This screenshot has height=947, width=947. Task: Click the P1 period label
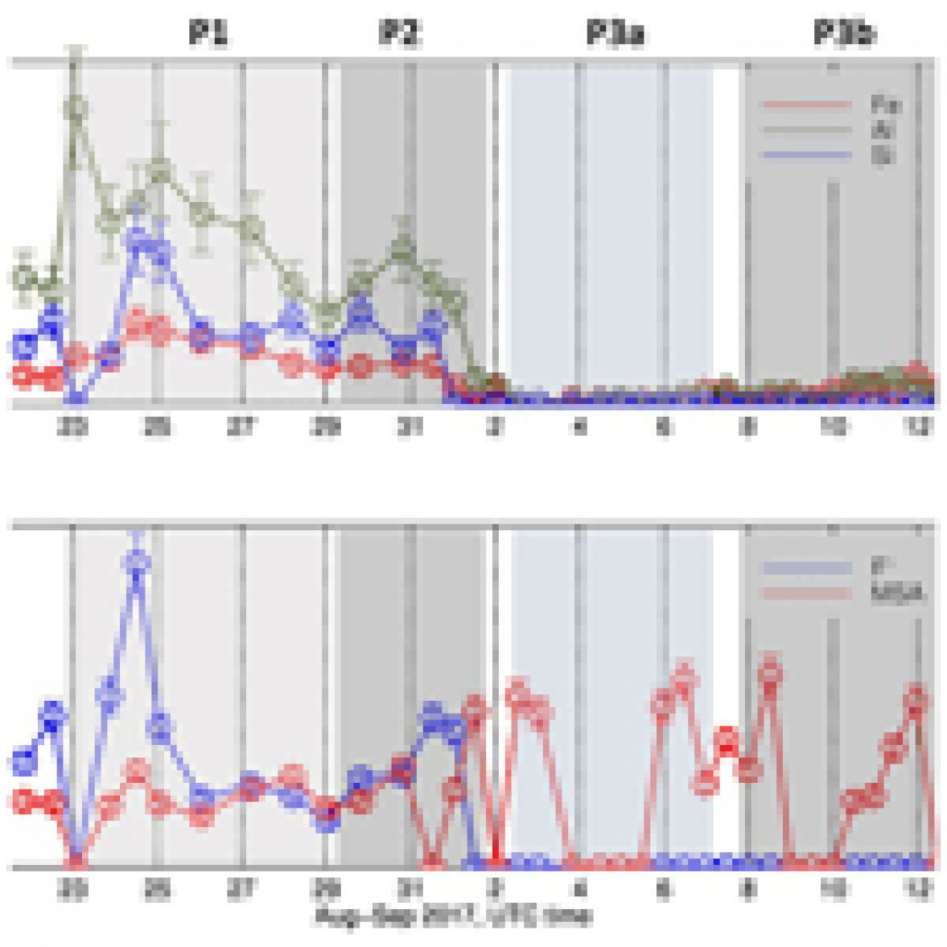(x=208, y=33)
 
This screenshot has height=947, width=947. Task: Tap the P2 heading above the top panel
(x=400, y=33)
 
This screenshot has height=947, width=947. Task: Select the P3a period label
(x=616, y=33)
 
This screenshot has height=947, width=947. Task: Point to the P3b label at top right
(x=844, y=33)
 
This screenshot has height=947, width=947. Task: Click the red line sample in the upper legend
(x=805, y=105)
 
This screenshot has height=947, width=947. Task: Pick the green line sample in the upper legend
(x=805, y=130)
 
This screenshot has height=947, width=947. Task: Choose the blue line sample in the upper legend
(x=805, y=154)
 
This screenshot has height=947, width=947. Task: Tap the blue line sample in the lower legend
(x=805, y=568)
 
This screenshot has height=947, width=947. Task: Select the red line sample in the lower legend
(x=805, y=594)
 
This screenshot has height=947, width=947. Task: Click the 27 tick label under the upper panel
(x=241, y=427)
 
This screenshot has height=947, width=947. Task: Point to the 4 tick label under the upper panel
(x=578, y=427)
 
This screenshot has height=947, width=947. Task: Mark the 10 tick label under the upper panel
(x=833, y=427)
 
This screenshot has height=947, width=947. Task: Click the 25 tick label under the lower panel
(x=158, y=889)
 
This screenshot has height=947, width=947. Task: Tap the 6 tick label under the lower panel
(x=663, y=889)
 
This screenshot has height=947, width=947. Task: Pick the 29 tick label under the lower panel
(x=326, y=889)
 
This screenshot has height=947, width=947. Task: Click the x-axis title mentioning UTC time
(x=453, y=916)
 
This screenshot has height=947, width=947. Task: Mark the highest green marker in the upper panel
(x=76, y=107)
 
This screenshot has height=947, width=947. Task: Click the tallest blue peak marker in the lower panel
(x=137, y=561)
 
